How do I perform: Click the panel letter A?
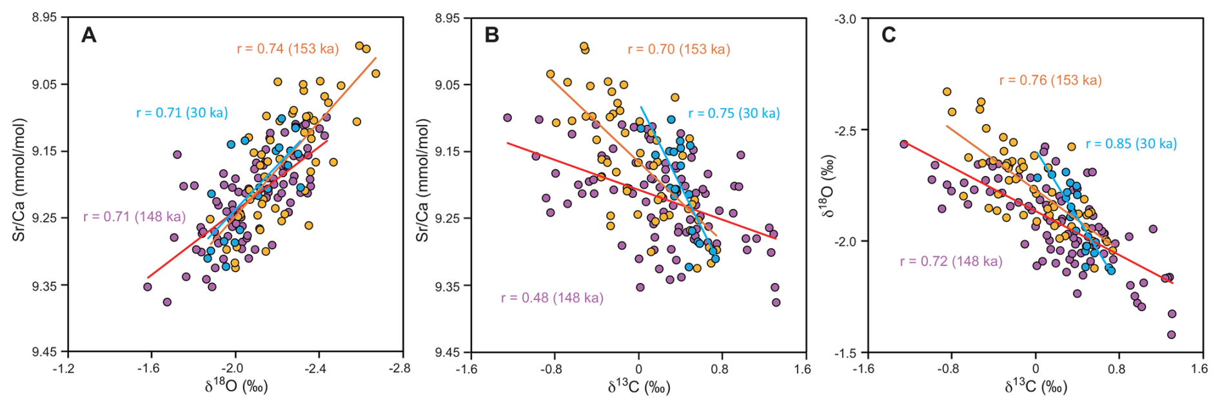tap(89, 35)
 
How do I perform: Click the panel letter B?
tap(491, 35)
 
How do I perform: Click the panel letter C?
tap(889, 35)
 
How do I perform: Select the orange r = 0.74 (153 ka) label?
tap(288, 49)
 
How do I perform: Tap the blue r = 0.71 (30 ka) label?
tap(182, 113)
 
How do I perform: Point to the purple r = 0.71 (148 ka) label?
tap(134, 217)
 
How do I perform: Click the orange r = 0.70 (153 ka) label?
tap(678, 50)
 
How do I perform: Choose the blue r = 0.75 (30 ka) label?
tap(734, 113)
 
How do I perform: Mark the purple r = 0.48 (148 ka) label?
tap(552, 298)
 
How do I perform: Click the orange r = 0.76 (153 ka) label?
tap(1050, 81)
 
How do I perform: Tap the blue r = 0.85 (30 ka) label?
tap(1131, 144)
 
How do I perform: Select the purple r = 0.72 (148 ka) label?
tap(951, 262)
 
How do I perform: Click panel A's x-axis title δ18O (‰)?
tap(236, 387)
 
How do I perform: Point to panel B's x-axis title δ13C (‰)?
tap(638, 387)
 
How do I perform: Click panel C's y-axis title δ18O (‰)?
tap(830, 186)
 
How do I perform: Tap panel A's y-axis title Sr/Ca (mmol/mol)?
tap(19, 180)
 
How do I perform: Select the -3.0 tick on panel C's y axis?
tap(845, 19)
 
